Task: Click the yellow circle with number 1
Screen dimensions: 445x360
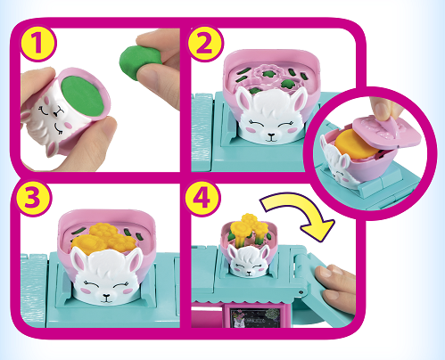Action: (37, 44)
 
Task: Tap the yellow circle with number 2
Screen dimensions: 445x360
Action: (204, 44)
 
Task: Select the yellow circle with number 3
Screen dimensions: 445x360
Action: (33, 198)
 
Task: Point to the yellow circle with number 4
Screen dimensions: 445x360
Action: (202, 198)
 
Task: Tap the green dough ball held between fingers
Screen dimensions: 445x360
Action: (140, 61)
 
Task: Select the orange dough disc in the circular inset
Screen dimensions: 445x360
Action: (355, 144)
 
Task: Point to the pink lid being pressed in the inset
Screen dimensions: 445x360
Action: (386, 132)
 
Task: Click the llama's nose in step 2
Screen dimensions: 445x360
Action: (271, 136)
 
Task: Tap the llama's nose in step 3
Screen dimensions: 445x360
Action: (106, 297)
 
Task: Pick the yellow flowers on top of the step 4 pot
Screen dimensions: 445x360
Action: (249, 226)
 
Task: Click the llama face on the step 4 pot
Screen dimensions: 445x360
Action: (249, 261)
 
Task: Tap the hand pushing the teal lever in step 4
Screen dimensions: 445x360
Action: (335, 286)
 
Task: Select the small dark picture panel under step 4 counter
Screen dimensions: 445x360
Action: (256, 318)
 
